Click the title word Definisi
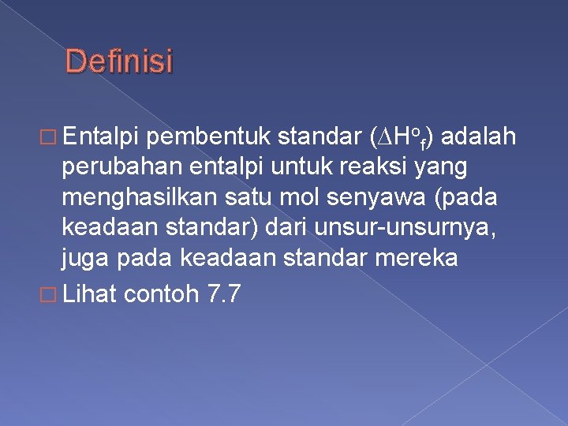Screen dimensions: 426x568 (118, 62)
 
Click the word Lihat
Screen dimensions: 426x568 (89, 295)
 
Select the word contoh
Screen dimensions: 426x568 (162, 295)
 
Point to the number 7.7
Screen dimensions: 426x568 (222, 295)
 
